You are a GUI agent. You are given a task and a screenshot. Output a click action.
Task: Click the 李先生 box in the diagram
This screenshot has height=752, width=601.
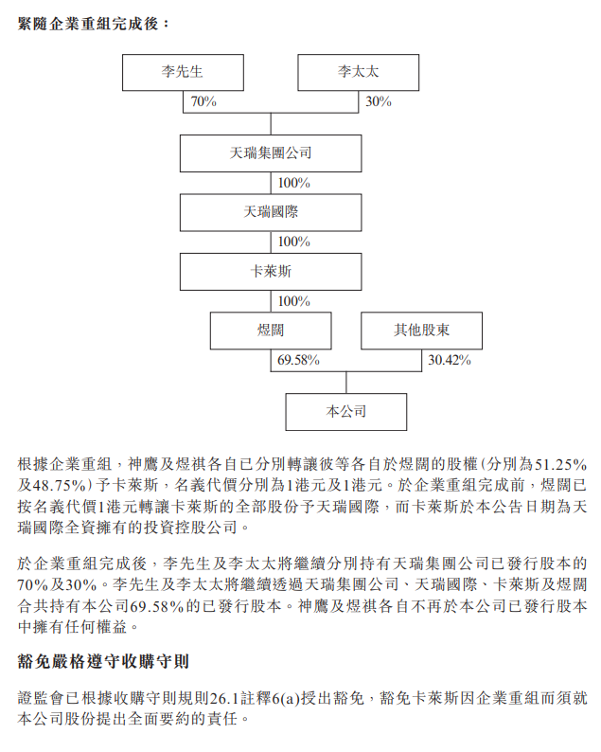click(x=183, y=72)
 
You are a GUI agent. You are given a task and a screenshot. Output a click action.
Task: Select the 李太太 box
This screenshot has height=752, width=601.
click(x=358, y=72)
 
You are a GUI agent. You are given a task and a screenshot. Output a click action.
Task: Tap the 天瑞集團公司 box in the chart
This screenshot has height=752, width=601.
click(x=271, y=152)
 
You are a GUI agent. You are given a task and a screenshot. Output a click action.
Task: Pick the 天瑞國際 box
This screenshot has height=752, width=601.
click(x=271, y=212)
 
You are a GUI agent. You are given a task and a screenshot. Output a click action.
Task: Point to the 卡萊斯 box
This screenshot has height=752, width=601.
click(x=271, y=272)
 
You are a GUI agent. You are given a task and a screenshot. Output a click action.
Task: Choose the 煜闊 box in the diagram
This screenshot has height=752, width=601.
click(x=271, y=331)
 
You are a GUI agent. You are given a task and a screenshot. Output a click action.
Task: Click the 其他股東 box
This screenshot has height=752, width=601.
click(x=422, y=331)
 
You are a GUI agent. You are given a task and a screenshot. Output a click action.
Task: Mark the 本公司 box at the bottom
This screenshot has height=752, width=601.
click(x=346, y=412)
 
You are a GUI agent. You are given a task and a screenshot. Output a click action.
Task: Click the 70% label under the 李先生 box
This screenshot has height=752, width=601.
click(x=203, y=101)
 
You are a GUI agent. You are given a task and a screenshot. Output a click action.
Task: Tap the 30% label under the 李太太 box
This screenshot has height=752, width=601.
click(x=379, y=101)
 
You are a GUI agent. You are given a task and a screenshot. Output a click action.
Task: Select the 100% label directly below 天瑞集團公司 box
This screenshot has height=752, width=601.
click(x=294, y=183)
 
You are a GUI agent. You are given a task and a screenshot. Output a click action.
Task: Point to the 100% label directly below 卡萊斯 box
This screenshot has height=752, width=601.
click(x=294, y=301)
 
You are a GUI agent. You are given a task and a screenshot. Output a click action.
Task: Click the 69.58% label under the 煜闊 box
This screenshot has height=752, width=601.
click(x=298, y=360)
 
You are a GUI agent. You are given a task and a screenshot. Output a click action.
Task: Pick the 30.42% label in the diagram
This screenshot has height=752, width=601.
click(x=450, y=360)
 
